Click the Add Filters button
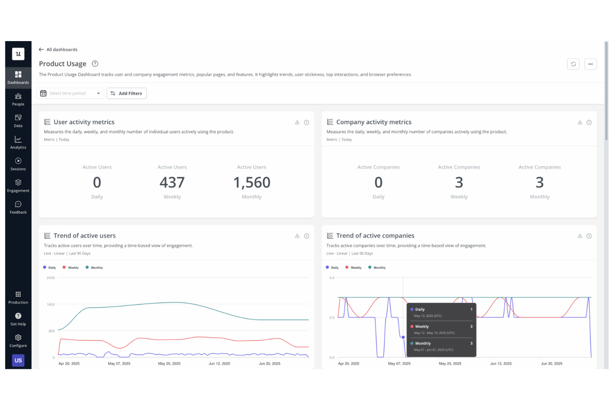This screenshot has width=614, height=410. click(x=127, y=93)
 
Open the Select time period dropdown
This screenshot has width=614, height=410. click(x=70, y=93)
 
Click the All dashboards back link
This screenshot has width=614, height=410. click(x=58, y=49)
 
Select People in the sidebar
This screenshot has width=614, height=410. click(x=18, y=99)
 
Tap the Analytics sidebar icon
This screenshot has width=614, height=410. click(x=18, y=142)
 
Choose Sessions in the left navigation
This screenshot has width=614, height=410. click(x=18, y=164)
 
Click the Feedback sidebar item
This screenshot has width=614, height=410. click(x=18, y=207)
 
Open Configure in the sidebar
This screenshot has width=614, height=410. click(x=18, y=341)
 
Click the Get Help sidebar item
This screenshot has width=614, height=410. click(x=18, y=319)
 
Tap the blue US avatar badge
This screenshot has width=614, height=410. click(x=18, y=361)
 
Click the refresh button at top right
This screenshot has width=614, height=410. click(x=573, y=64)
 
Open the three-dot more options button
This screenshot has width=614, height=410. click(x=590, y=64)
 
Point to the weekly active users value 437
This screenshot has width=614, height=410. click(x=172, y=183)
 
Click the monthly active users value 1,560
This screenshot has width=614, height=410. click(x=251, y=183)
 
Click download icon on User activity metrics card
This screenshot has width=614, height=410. click(x=297, y=122)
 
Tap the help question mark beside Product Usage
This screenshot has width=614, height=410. click(x=95, y=64)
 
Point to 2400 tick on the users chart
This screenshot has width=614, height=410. click(x=51, y=277)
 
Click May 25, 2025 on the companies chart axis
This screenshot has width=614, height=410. click(x=450, y=363)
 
